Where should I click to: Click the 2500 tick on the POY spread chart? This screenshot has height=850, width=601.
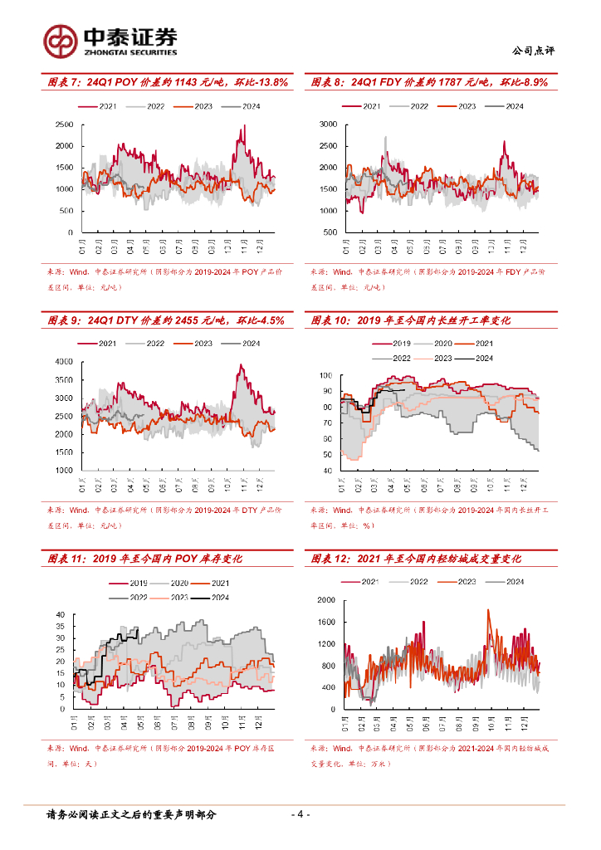click(x=64, y=125)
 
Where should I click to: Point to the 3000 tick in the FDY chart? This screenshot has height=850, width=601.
click(x=328, y=125)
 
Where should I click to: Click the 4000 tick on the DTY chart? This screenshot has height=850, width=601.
click(x=64, y=362)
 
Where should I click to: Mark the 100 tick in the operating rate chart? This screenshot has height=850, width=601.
click(x=325, y=376)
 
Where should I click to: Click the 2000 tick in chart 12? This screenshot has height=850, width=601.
click(x=326, y=599)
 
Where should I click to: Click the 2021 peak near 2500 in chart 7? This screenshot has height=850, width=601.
click(x=244, y=126)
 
